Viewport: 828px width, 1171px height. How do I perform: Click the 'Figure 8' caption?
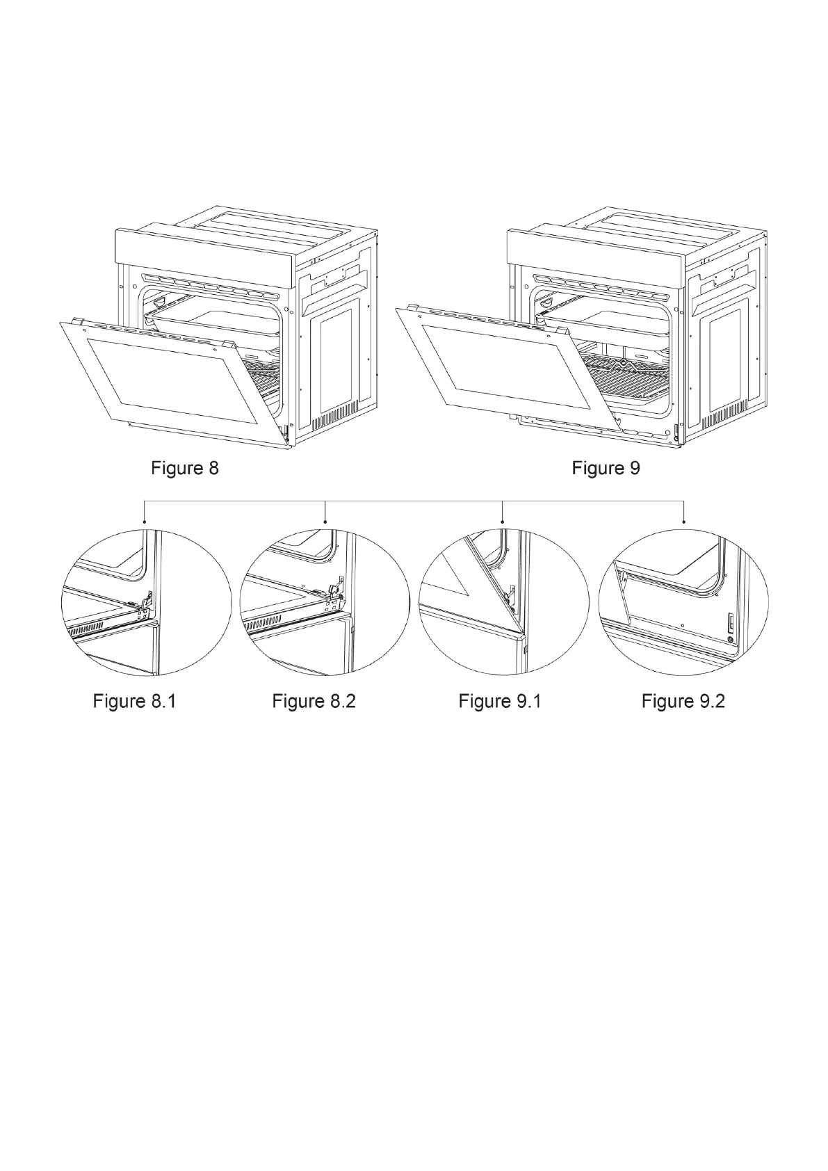click(184, 468)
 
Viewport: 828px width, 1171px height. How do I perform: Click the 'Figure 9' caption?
click(606, 468)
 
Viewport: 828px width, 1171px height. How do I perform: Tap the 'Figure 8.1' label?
click(135, 701)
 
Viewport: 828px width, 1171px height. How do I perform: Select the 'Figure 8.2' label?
click(314, 701)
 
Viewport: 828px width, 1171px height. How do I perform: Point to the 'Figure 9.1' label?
click(500, 701)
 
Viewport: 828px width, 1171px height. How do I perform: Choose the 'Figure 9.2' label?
click(683, 701)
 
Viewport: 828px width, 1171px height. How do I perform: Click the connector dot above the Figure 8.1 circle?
click(144, 521)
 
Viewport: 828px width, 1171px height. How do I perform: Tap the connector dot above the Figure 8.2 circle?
click(326, 521)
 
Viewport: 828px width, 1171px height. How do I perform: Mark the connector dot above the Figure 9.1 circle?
click(503, 521)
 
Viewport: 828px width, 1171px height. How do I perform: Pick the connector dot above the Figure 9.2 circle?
click(685, 521)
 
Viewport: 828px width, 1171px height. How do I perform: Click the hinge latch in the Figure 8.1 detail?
click(147, 600)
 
